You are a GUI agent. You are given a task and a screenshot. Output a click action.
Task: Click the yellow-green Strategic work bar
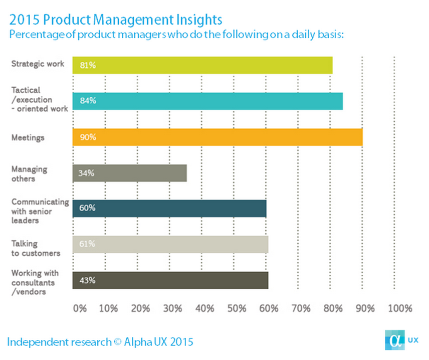pyautogui.click(x=202, y=65)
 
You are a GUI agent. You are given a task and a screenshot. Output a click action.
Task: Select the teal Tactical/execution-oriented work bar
pyautogui.click(x=207, y=101)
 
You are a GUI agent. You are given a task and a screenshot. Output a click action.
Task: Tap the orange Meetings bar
pyautogui.click(x=217, y=137)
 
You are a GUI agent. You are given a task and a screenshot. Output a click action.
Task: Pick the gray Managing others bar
pyautogui.click(x=129, y=173)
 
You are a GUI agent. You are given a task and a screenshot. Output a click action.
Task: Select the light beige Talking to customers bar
pyautogui.click(x=170, y=244)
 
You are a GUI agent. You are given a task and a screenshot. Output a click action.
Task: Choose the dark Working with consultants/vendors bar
pyautogui.click(x=170, y=280)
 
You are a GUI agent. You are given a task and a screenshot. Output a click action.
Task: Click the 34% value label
pyautogui.click(x=86, y=173)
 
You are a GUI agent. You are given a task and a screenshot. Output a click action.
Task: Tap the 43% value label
pyautogui.click(x=86, y=280)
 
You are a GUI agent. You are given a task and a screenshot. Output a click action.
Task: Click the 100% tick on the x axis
pyautogui.click(x=399, y=308)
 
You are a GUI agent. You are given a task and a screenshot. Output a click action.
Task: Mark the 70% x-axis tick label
pyautogui.click(x=301, y=308)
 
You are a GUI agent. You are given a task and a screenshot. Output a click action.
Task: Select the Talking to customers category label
pyautogui.click(x=35, y=248)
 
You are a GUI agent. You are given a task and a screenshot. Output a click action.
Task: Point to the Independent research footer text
pyautogui.click(x=100, y=342)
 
